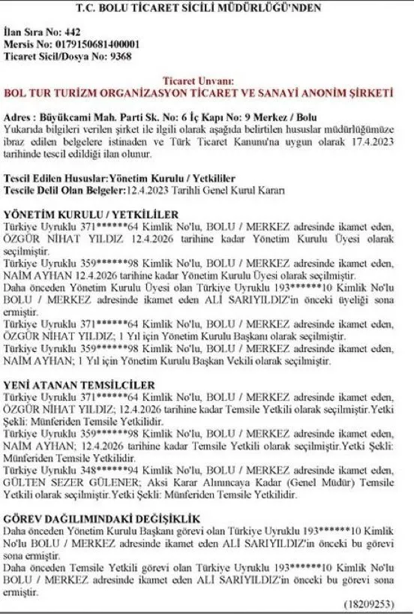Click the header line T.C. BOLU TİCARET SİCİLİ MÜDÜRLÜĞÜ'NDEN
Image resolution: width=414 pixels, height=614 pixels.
206,9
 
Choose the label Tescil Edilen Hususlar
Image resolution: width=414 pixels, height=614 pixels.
56,178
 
